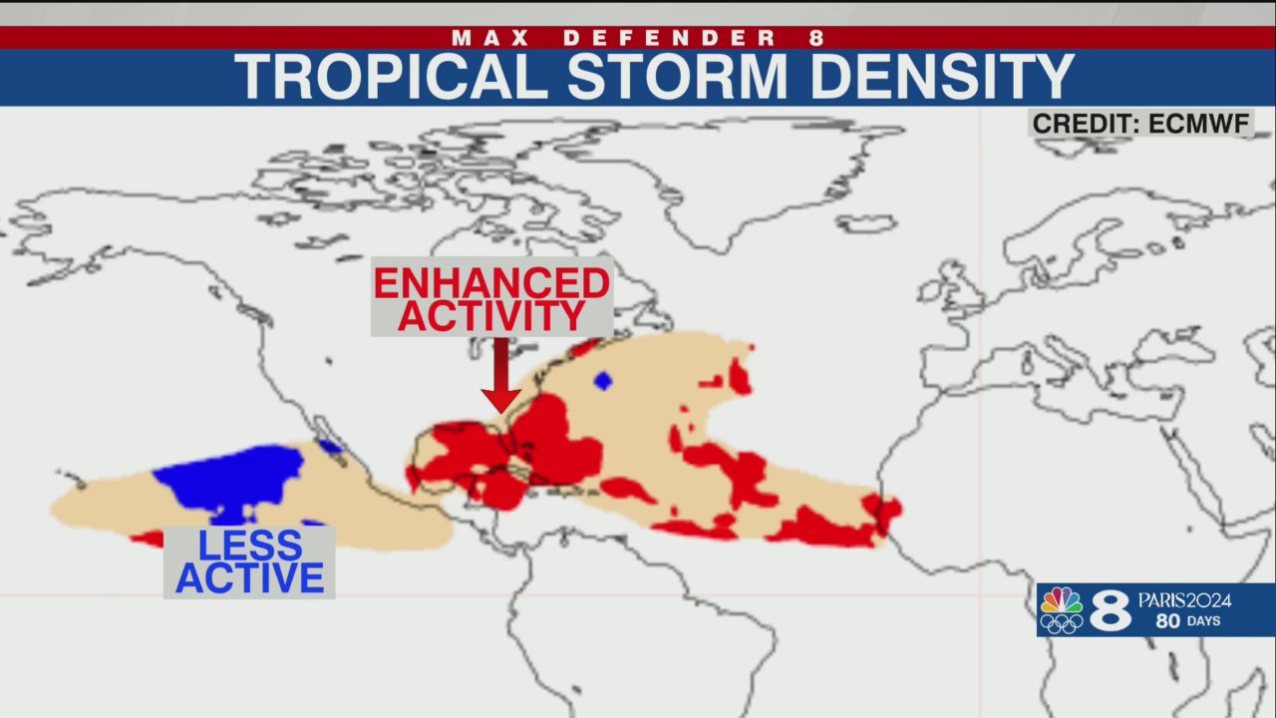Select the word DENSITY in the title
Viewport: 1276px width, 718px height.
(x=941, y=77)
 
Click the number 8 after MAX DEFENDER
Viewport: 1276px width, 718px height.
(x=817, y=38)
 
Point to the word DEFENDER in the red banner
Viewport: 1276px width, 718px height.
(x=671, y=38)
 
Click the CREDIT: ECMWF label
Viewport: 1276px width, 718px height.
(x=1140, y=124)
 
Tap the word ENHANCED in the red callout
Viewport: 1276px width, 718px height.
(x=491, y=283)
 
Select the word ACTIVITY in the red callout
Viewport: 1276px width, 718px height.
(x=491, y=316)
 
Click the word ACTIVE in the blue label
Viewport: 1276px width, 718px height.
(x=249, y=578)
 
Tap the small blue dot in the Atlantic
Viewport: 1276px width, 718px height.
(x=602, y=380)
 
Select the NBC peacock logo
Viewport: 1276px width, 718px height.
(x=1061, y=599)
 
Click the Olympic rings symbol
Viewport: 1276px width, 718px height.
(x=1061, y=623)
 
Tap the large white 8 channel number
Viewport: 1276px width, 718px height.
(x=1110, y=610)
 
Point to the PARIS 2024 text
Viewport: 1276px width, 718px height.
(x=1184, y=600)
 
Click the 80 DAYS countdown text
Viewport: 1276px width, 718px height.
(x=1188, y=621)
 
